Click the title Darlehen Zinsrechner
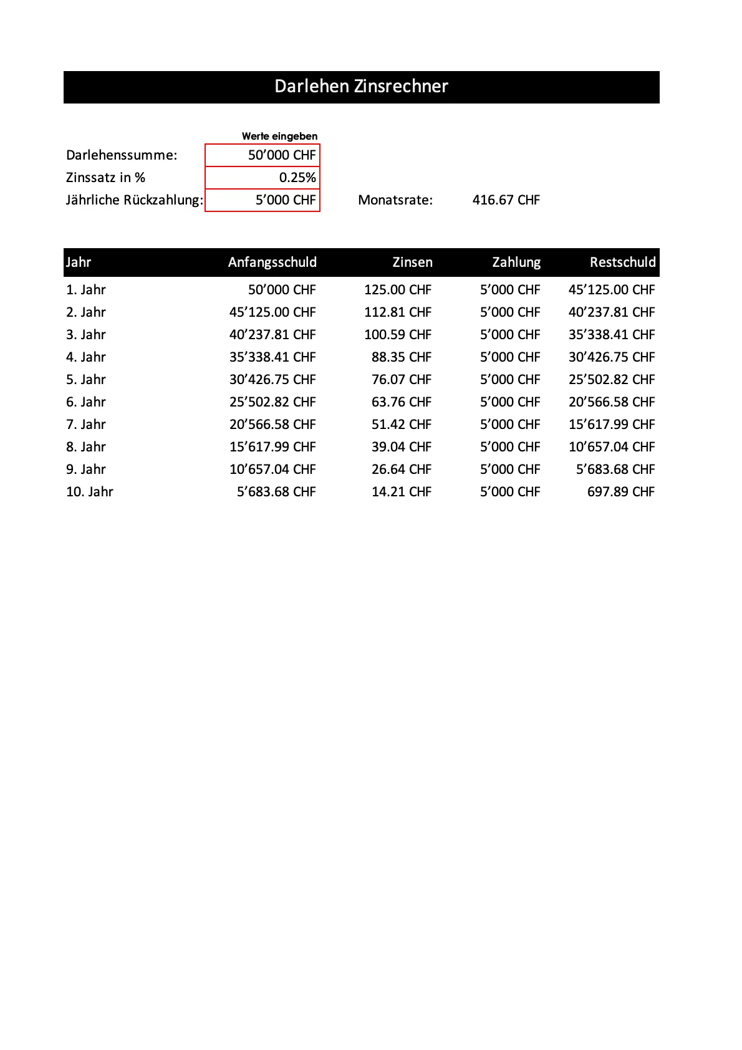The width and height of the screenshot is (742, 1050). click(x=361, y=87)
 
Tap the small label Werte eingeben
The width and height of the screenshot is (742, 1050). click(x=279, y=136)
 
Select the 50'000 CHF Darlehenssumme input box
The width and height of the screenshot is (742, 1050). click(x=263, y=155)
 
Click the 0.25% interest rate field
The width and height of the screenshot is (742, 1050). click(x=263, y=178)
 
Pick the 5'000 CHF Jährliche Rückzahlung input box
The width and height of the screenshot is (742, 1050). click(x=263, y=200)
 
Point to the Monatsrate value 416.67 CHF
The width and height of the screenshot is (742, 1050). click(x=506, y=200)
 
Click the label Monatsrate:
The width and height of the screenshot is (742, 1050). click(x=395, y=200)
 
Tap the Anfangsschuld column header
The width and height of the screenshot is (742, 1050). click(x=272, y=262)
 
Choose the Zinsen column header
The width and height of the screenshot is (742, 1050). click(x=412, y=262)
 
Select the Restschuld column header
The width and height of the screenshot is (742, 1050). click(x=622, y=262)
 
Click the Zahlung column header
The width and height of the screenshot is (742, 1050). click(x=516, y=262)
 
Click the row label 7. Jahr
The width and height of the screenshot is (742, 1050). click(x=86, y=425)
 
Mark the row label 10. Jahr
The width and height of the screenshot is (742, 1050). click(x=90, y=492)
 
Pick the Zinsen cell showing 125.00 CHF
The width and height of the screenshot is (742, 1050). click(x=398, y=290)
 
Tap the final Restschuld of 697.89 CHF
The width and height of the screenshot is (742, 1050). click(x=620, y=492)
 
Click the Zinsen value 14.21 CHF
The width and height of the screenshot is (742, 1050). click(x=401, y=492)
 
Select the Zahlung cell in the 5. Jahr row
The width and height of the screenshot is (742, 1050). click(x=509, y=380)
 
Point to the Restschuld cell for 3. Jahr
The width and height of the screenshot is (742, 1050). click(x=611, y=335)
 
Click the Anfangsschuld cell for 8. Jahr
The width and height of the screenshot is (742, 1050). click(x=272, y=447)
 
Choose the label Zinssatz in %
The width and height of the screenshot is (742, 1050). click(x=105, y=178)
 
